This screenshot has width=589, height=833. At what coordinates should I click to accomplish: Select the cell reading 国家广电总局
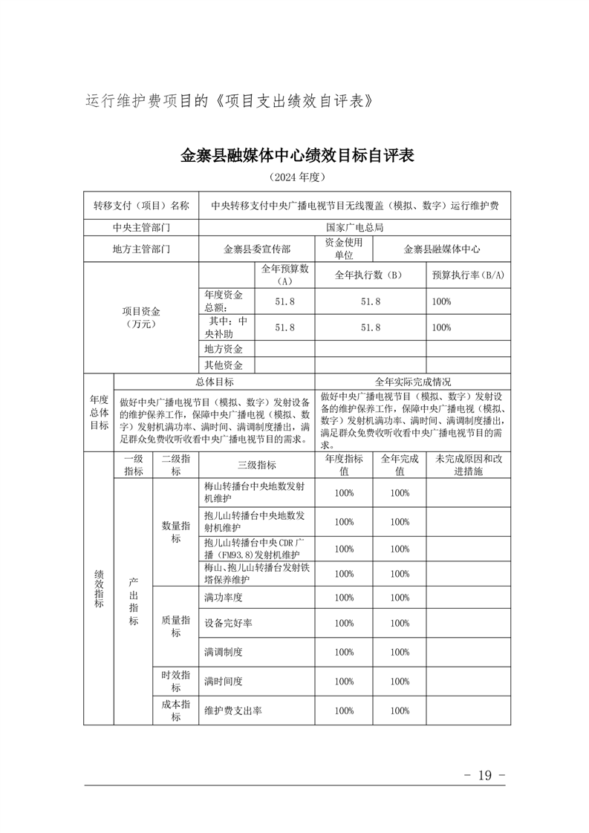pos(354,228)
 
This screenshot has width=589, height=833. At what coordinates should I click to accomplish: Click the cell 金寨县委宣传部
pos(257,249)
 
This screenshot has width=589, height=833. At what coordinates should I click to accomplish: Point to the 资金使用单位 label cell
pos(343,249)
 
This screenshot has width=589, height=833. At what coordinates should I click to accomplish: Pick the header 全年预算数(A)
pos(284,275)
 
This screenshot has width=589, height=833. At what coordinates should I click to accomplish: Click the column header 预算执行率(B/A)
pos(468,275)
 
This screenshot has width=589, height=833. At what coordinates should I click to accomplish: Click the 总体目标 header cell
pos(215,382)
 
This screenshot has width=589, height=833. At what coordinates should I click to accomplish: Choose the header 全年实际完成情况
pos(412,382)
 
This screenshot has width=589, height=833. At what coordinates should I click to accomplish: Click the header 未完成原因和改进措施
pos(468,465)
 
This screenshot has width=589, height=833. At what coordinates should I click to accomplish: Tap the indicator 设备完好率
pos(228,623)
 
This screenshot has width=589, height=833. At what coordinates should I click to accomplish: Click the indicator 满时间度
pos(224,681)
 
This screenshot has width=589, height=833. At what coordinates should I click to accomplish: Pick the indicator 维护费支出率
pos(232,710)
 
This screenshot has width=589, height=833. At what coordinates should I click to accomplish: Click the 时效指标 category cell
pos(176,681)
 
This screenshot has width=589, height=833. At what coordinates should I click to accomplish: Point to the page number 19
pos(484,775)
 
